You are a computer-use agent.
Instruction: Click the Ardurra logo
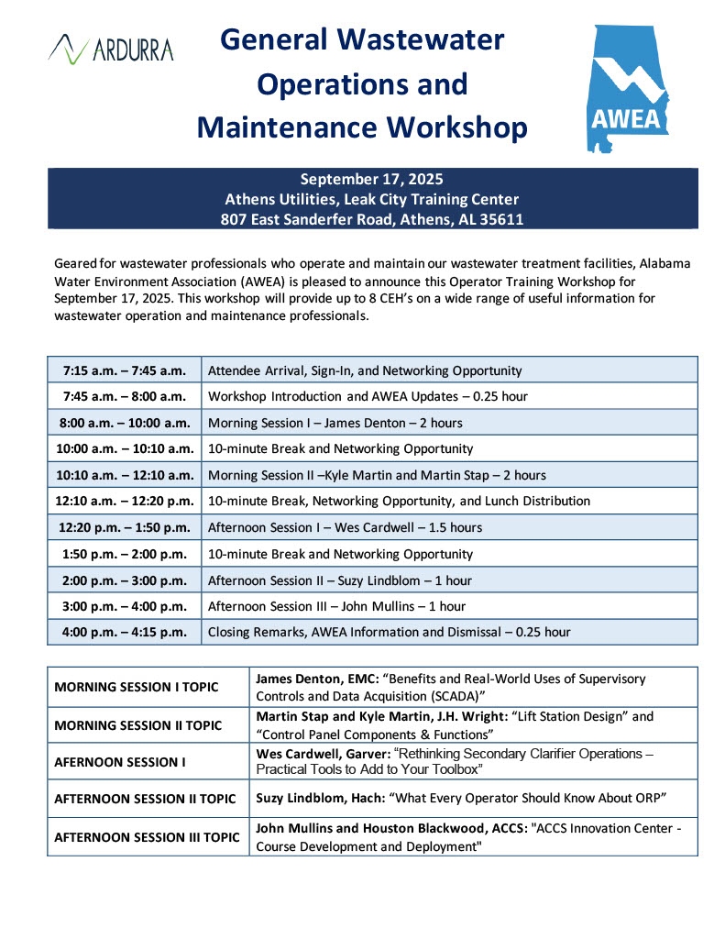111,48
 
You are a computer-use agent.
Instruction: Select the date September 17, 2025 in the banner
372,179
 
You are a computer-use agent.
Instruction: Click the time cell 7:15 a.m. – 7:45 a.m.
125,371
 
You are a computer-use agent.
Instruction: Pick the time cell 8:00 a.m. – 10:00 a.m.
125,423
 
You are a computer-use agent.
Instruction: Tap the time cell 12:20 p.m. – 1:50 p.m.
125,527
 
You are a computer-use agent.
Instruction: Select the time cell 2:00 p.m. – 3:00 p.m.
125,580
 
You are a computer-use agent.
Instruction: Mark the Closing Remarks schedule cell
389,632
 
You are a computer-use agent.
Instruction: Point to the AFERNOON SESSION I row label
115,761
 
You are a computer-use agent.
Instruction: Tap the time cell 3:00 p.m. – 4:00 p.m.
125,606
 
